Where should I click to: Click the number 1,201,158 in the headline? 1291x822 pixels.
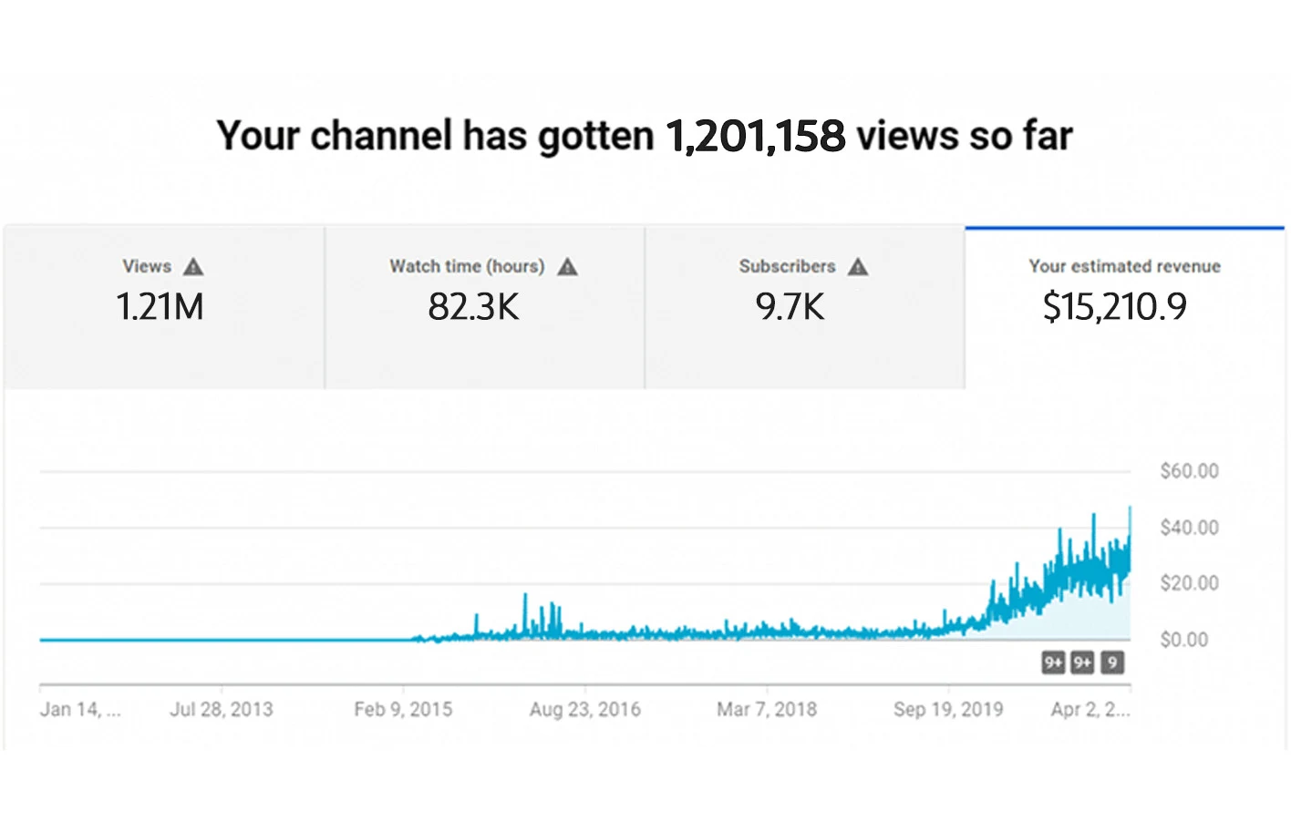coord(755,137)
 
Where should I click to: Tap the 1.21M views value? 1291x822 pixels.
coord(160,307)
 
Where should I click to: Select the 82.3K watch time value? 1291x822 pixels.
coord(473,307)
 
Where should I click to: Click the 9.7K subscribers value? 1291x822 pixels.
coord(790,307)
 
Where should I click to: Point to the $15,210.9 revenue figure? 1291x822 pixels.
coord(1114,307)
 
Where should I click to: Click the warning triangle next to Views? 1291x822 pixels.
coord(193,267)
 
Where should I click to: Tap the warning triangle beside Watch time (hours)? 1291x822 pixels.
coord(567,267)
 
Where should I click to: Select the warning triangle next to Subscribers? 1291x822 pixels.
coord(858,267)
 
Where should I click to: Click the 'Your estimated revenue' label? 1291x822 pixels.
coord(1124,266)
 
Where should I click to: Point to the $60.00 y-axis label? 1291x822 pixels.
coord(1189,471)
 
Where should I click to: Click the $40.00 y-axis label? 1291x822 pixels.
coord(1189,528)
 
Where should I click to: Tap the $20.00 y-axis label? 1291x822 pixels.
coord(1189,583)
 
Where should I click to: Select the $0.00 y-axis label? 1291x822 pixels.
coord(1183,640)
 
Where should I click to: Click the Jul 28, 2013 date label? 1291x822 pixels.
coord(222,709)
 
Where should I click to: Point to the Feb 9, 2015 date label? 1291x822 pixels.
coord(403,709)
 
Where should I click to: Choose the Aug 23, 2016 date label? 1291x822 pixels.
coord(585,709)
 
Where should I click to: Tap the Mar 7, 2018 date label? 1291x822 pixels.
coord(767,709)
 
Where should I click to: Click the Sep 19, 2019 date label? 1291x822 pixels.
coord(948,709)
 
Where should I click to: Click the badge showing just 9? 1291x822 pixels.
coord(1111,663)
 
